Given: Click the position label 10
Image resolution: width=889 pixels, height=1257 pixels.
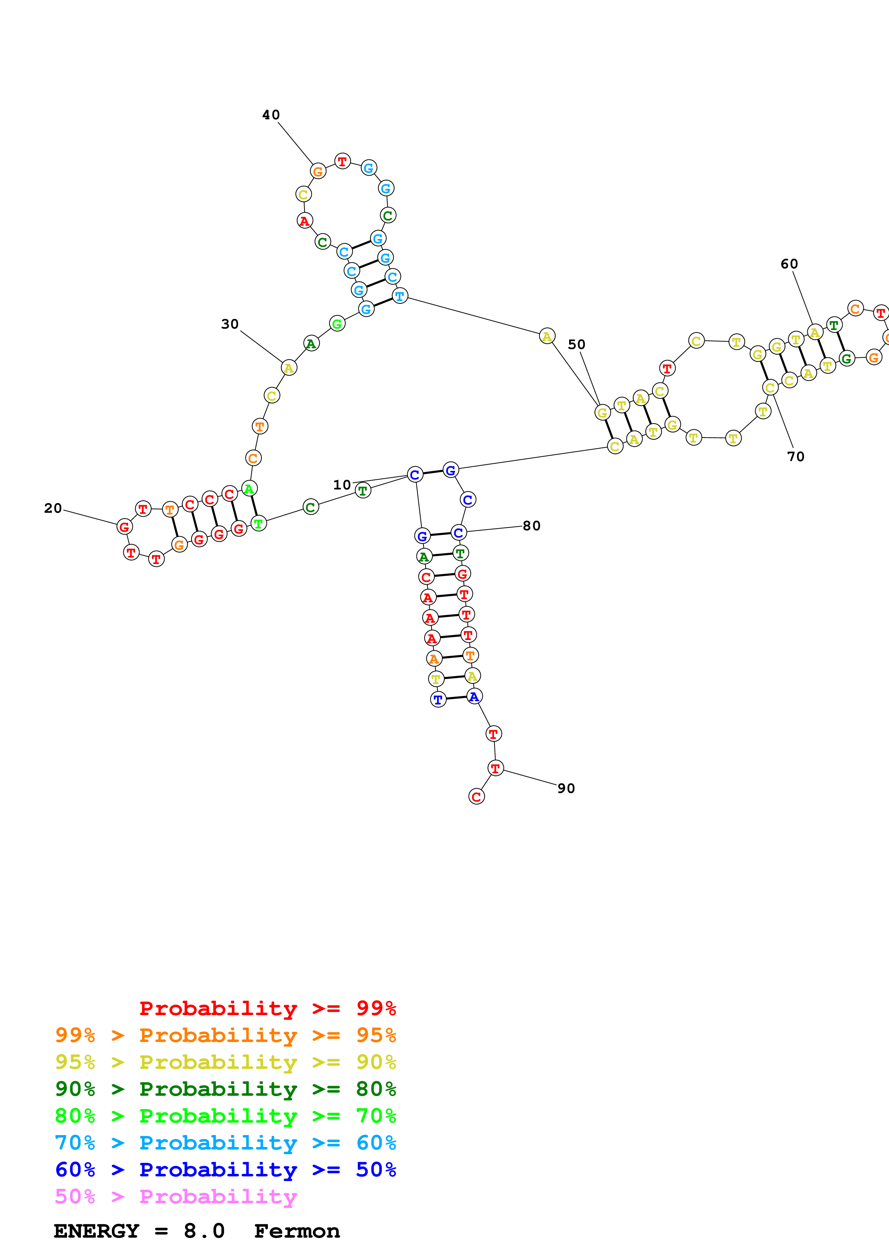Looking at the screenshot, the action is click(342, 485).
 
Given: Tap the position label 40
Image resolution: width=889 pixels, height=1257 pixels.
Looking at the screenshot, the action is click(271, 115).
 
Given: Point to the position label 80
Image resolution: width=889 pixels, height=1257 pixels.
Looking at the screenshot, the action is click(532, 526).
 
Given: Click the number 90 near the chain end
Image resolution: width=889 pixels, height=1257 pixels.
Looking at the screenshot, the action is click(566, 788).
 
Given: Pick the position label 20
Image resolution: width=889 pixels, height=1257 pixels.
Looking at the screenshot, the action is click(53, 508).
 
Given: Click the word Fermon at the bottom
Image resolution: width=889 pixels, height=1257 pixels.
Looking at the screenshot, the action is click(297, 1231).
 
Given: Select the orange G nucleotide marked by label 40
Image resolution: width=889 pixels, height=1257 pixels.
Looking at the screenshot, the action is click(318, 171).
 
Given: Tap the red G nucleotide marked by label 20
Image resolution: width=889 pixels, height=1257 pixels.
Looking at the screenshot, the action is click(125, 527).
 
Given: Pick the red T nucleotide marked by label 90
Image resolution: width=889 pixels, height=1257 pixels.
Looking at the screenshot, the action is click(496, 769).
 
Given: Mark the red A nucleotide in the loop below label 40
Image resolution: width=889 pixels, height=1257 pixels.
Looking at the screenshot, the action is click(304, 221).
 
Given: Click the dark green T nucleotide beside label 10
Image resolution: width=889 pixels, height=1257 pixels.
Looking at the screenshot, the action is click(363, 491).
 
